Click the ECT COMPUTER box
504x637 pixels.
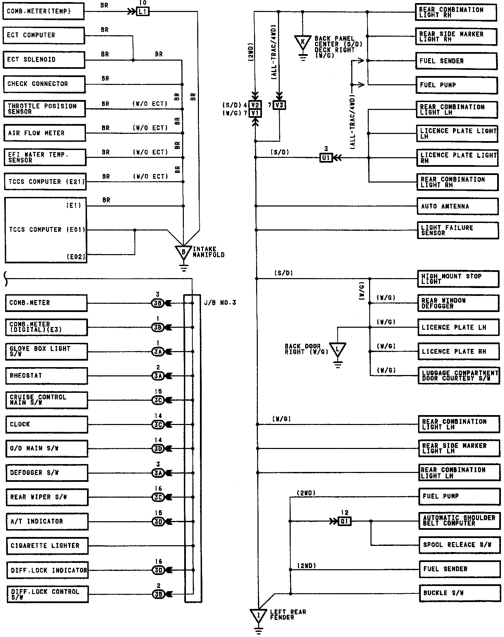(x=43, y=36)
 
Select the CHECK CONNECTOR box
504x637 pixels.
(x=44, y=84)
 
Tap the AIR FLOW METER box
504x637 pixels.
(x=45, y=133)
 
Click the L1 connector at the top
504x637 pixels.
(x=142, y=12)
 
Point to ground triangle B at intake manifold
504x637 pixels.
(x=184, y=252)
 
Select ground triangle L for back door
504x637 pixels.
(x=338, y=349)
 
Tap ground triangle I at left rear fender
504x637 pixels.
(x=258, y=615)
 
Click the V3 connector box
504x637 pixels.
(x=279, y=105)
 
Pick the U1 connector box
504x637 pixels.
(x=326, y=158)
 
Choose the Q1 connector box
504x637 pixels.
(x=344, y=522)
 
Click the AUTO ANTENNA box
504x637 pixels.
(x=457, y=207)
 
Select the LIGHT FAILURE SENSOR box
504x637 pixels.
(x=457, y=230)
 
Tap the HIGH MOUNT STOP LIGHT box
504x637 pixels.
(x=458, y=279)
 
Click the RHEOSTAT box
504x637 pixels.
(x=47, y=376)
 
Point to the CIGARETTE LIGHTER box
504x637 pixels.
(x=47, y=546)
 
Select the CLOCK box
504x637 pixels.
(x=47, y=424)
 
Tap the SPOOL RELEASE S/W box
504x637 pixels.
(x=459, y=545)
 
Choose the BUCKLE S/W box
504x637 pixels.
(x=459, y=594)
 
